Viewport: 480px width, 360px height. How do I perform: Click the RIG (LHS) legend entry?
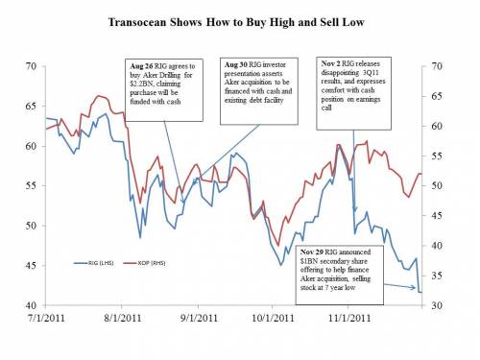pos(92,260)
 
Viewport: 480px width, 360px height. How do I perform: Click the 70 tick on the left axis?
pos(31,66)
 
